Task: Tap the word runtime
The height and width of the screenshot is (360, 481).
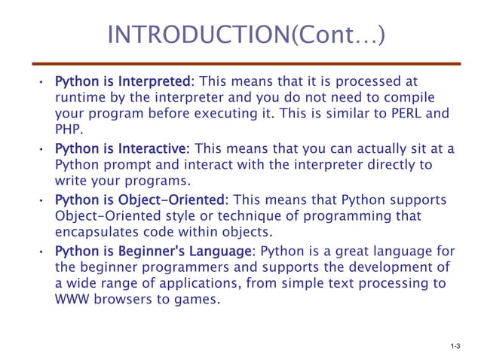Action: tap(81, 97)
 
